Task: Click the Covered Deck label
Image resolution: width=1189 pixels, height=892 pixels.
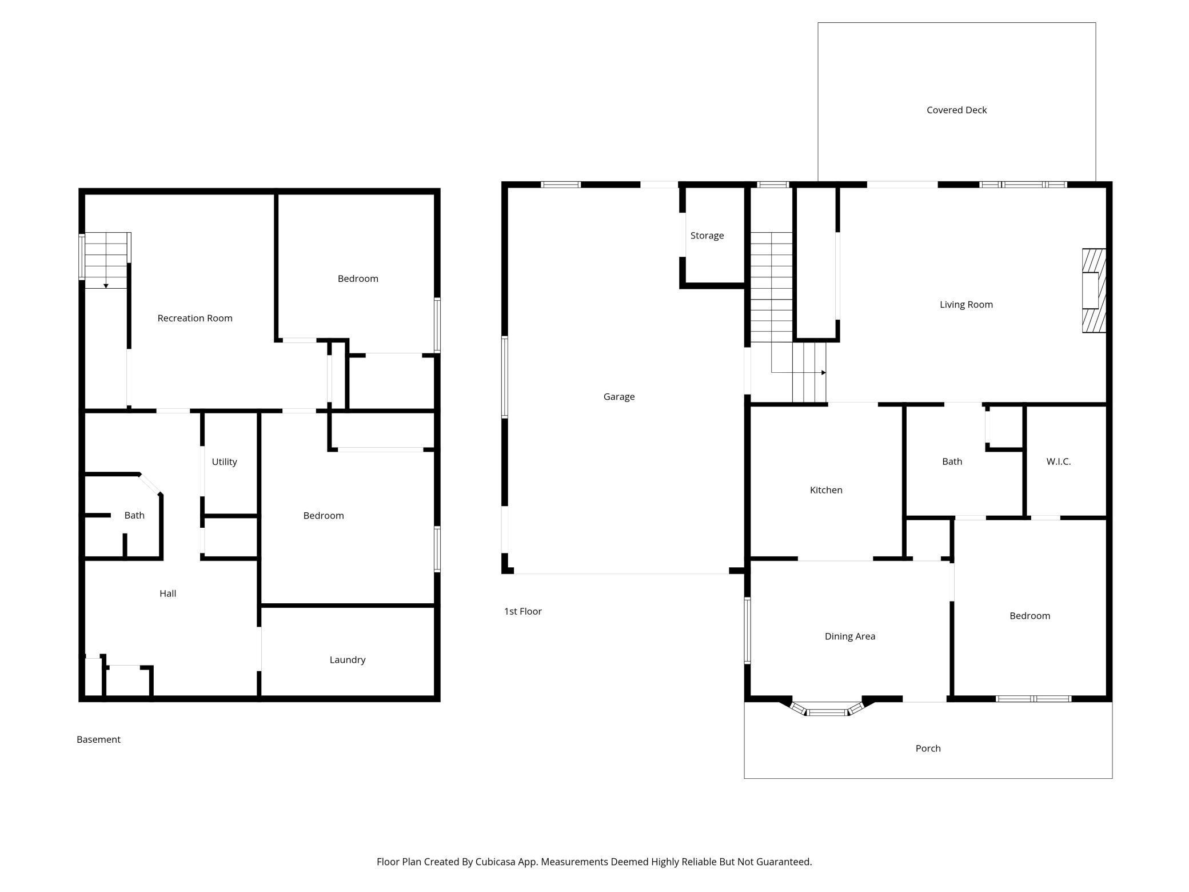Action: [x=956, y=110]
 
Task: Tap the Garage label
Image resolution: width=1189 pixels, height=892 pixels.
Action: [x=619, y=396]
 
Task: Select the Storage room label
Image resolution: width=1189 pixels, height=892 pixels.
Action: [x=707, y=236]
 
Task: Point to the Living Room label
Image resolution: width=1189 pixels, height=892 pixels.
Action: [x=966, y=304]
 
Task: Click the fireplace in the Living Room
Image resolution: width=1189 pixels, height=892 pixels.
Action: [x=1094, y=290]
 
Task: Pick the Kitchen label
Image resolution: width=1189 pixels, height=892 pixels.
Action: [x=826, y=490]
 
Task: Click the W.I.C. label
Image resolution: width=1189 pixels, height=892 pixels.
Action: [x=1059, y=461]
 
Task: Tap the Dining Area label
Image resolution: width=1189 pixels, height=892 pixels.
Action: [x=850, y=636]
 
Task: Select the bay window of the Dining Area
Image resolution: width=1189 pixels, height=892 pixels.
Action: [x=827, y=710]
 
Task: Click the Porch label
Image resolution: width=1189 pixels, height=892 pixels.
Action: [x=928, y=748]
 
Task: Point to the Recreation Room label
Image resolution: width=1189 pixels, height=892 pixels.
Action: [x=195, y=318]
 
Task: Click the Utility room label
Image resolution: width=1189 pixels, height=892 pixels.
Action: [x=224, y=462]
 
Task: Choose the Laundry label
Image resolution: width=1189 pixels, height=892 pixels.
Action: [x=348, y=660]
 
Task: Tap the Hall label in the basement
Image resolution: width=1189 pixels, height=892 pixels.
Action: [x=167, y=594]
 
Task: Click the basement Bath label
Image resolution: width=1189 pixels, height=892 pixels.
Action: [x=134, y=515]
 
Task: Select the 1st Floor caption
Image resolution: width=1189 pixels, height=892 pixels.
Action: [x=522, y=611]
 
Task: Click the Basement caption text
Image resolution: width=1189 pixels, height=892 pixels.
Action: [x=98, y=739]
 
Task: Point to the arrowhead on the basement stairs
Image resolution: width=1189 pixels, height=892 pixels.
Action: [x=106, y=285]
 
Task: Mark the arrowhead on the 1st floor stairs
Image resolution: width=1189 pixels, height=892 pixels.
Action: [x=824, y=373]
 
